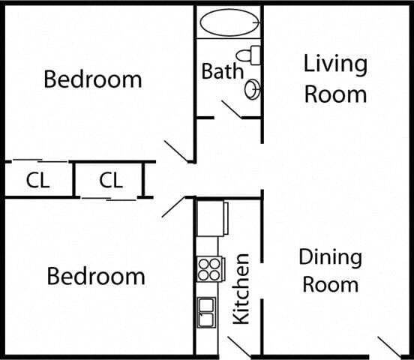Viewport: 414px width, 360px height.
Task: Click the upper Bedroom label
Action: click(x=93, y=79)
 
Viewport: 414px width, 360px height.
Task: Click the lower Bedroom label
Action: click(x=96, y=276)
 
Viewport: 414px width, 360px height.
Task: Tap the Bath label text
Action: click(x=222, y=71)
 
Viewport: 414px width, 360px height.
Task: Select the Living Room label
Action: click(x=335, y=78)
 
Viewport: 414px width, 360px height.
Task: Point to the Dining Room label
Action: click(x=330, y=271)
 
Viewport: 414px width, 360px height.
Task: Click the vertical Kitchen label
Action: click(x=241, y=289)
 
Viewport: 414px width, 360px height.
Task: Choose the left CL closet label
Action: click(x=38, y=181)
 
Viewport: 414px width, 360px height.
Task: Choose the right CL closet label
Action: click(x=111, y=181)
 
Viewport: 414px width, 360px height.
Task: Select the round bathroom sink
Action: click(x=253, y=89)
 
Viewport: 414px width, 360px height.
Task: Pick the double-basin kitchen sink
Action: click(x=206, y=312)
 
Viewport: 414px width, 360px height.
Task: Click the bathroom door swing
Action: click(x=232, y=109)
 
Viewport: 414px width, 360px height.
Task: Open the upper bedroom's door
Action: click(x=179, y=151)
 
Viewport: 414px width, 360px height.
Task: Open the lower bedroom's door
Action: click(x=173, y=206)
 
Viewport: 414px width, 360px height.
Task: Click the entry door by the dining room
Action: click(x=389, y=346)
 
